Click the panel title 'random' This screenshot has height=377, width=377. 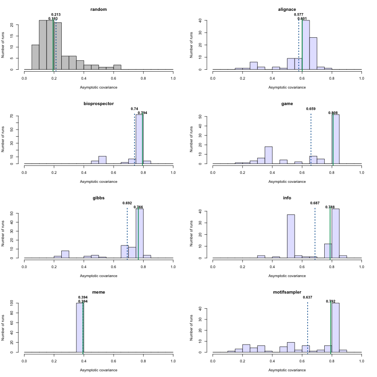98,9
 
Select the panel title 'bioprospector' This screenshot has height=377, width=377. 98,104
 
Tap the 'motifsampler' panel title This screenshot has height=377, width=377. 287,292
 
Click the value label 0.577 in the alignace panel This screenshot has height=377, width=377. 298,15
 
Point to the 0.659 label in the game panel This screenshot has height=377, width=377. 311,109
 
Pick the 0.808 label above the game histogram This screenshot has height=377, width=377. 333,113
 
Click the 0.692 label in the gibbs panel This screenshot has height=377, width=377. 127,203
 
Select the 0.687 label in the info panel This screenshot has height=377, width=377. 315,203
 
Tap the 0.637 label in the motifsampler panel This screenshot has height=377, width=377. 307,297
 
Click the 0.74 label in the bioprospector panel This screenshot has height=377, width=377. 134,109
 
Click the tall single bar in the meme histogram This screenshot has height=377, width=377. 80,328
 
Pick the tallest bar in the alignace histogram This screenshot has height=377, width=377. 306,45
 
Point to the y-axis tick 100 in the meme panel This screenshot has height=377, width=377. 17,303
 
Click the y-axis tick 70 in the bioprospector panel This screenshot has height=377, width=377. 17,115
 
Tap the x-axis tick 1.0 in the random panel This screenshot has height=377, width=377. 173,78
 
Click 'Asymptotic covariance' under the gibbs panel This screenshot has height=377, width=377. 98,276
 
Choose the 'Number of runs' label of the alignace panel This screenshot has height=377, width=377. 191,45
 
